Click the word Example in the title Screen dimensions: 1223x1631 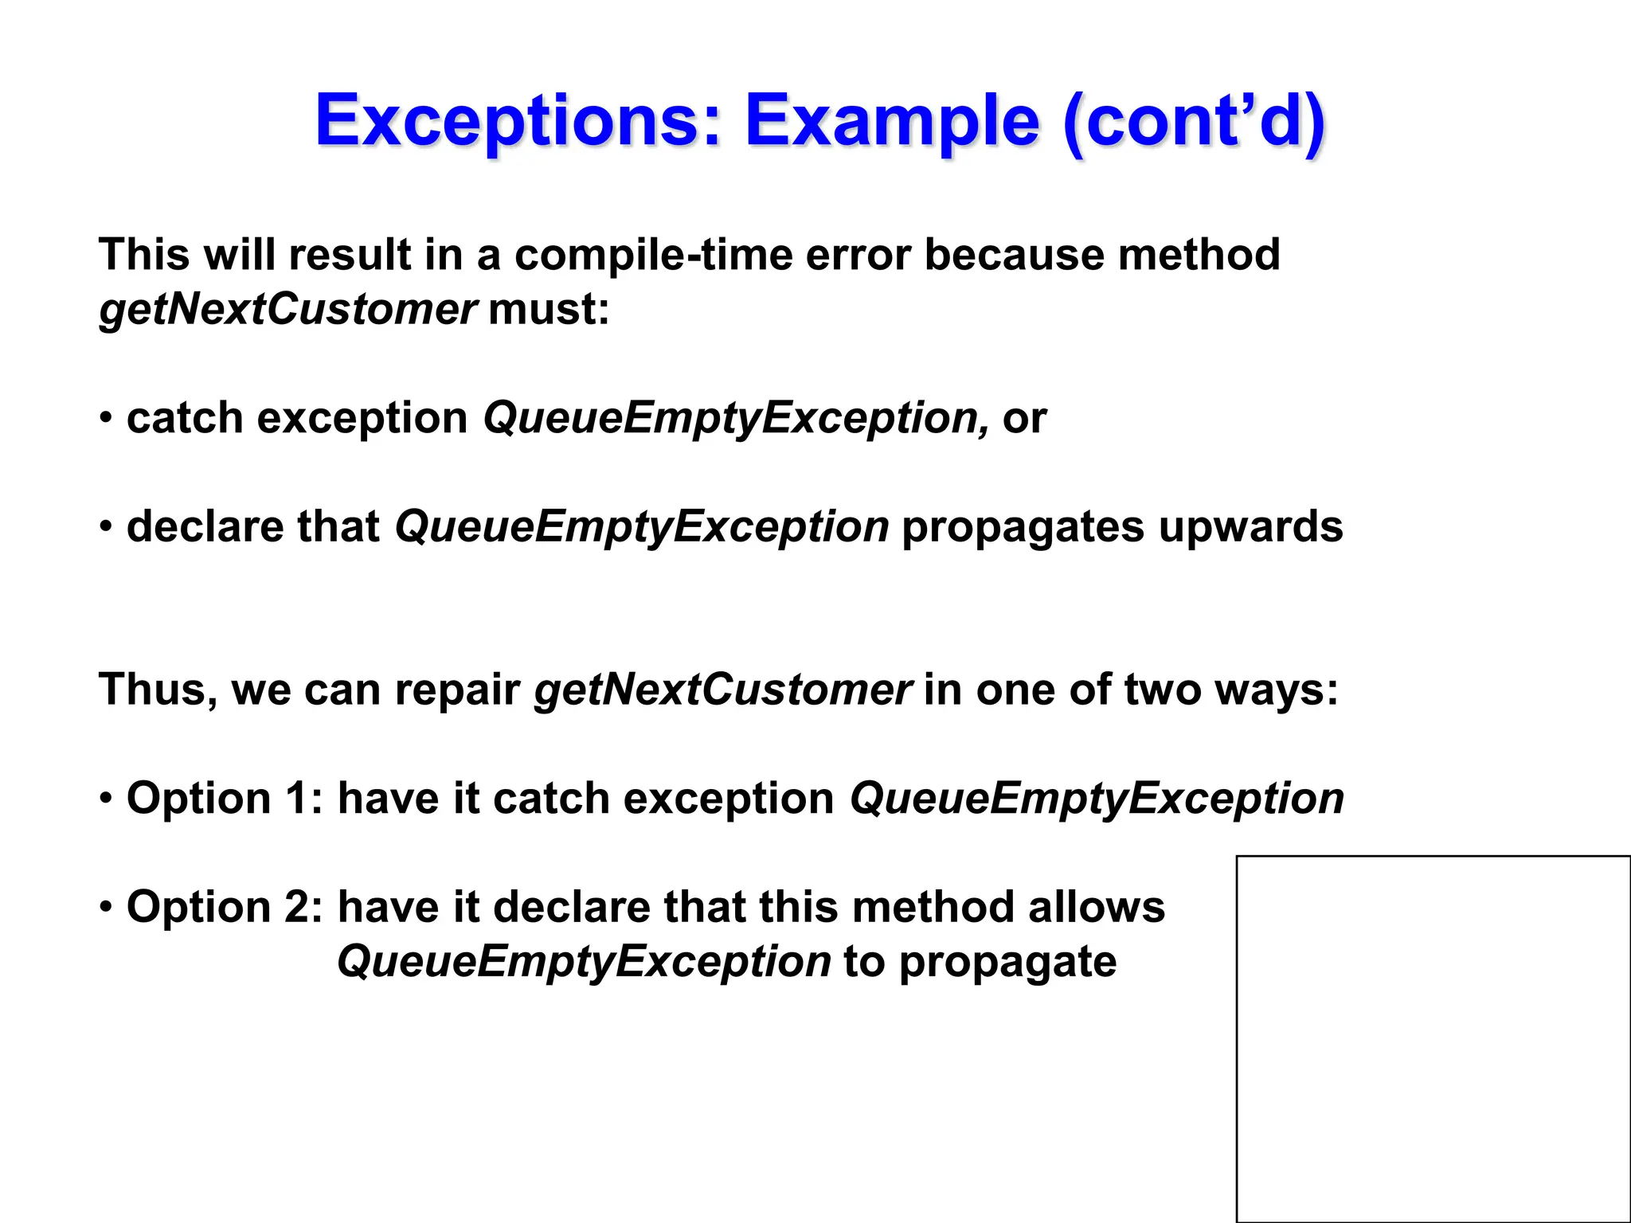892,121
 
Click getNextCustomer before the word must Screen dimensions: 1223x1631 287,309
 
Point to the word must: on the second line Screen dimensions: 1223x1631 549,309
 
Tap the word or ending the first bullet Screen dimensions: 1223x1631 1025,419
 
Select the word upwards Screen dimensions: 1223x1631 1250,527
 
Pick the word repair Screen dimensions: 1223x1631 457,690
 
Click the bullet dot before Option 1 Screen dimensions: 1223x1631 106,799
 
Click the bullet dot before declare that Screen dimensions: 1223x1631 106,527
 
